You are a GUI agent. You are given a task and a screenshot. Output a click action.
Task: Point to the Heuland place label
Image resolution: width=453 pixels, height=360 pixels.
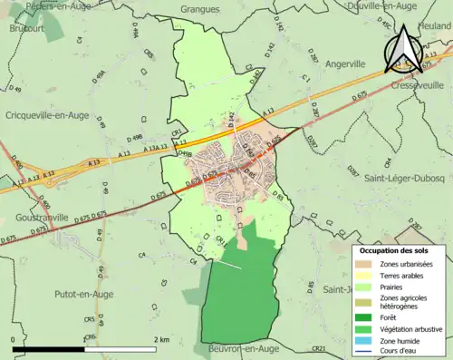point(434,26)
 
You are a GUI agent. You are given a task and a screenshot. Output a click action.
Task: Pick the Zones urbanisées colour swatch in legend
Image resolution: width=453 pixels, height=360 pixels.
point(365,263)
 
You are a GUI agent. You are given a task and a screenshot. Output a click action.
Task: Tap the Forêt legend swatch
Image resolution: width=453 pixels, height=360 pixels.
point(365,316)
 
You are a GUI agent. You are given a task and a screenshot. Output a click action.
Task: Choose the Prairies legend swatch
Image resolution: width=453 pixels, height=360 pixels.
point(365,287)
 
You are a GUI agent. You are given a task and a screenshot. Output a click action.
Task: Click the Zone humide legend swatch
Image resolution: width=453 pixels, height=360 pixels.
point(365,341)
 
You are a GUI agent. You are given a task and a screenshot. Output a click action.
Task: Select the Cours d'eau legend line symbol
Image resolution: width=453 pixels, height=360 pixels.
point(365,352)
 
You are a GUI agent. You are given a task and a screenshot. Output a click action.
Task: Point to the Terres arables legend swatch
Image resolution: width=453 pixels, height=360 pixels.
point(365,275)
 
